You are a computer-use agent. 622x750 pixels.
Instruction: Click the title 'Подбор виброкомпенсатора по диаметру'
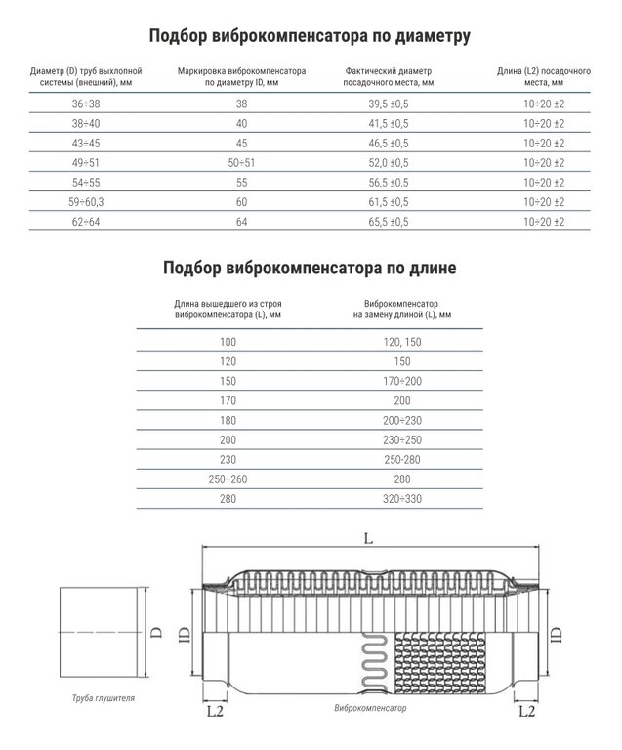point(311,37)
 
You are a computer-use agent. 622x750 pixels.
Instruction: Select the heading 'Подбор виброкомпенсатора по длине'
point(310,267)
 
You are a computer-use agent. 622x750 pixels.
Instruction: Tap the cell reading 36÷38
point(87,103)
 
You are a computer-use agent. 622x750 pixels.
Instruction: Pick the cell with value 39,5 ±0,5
point(389,103)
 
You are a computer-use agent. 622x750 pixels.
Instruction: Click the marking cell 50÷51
point(241,162)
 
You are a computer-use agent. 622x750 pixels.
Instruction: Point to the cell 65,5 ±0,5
point(389,222)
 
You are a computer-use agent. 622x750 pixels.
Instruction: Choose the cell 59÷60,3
point(87,202)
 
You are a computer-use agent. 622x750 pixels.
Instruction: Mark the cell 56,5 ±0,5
point(389,183)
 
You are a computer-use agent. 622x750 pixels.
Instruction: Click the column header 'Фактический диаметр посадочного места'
point(389,77)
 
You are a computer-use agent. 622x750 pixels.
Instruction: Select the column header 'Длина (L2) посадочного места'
point(544,77)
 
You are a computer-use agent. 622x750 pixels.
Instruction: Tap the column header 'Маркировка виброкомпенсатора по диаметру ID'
point(241,77)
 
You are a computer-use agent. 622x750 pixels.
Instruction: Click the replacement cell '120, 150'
point(402,341)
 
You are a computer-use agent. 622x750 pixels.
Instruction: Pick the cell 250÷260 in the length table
point(228,479)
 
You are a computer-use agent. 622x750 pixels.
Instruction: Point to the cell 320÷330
point(402,498)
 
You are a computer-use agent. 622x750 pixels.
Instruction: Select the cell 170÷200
point(402,380)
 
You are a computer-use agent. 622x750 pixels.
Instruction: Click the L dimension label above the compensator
point(368,537)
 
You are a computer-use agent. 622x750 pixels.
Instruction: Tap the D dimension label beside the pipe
point(157,630)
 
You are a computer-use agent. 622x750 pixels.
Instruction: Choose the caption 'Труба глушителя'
point(104,699)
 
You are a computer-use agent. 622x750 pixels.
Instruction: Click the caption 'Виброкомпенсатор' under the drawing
point(370,708)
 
